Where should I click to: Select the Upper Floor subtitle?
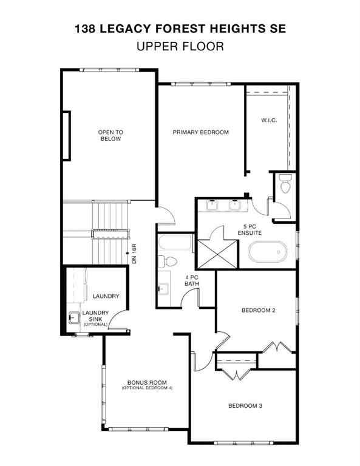click(180, 47)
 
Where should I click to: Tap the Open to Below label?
click(110, 135)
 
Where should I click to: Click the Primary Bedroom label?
click(200, 132)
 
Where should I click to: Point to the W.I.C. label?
click(268, 120)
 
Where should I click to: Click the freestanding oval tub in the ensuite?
click(267, 251)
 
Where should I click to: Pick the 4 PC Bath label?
click(192, 280)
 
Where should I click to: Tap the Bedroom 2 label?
click(259, 311)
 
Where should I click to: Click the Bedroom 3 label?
click(245, 406)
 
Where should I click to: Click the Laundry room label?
click(106, 296)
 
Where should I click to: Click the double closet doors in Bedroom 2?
click(276, 348)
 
